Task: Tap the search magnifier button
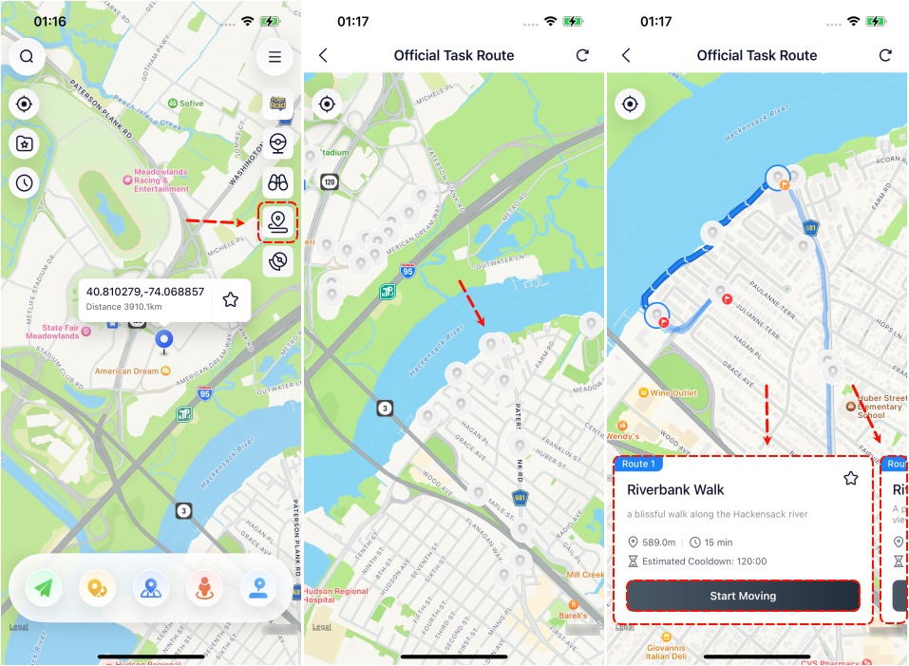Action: point(27,57)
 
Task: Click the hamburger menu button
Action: point(275,57)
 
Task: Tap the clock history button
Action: point(25,182)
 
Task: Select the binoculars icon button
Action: point(277,183)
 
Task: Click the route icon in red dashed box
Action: point(277,222)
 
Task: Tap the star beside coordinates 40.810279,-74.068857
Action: point(230,299)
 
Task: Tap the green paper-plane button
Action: point(44,589)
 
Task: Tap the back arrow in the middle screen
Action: point(323,55)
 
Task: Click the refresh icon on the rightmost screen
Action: point(885,55)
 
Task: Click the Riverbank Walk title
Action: point(675,490)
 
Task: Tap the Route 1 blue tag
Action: point(638,464)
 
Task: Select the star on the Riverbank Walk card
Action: point(850,479)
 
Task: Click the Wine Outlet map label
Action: point(672,392)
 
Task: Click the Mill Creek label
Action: point(583,575)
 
